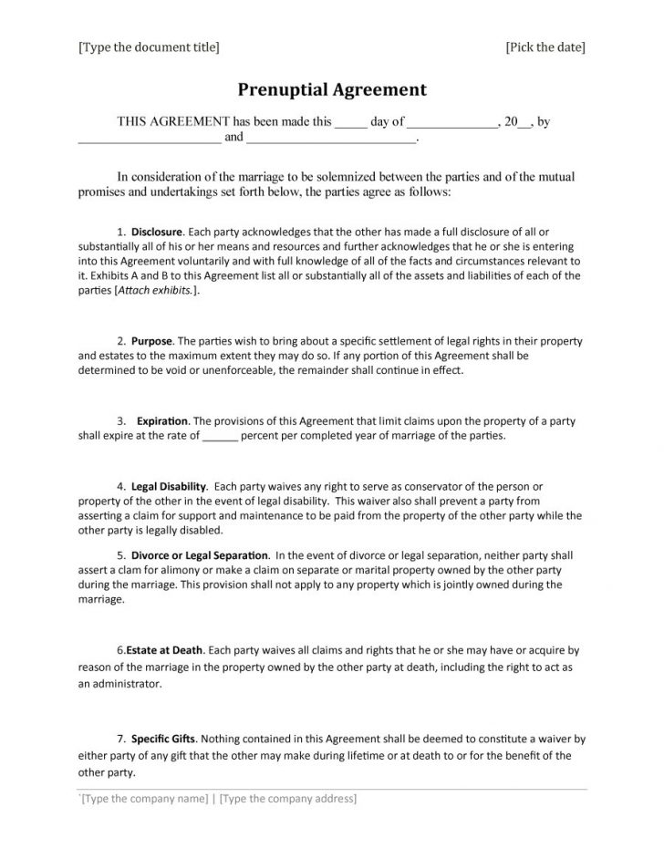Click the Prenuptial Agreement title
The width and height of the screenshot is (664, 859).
point(332,89)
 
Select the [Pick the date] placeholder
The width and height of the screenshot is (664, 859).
point(545,47)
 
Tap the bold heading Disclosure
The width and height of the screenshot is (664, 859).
point(158,233)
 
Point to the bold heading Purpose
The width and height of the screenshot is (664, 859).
point(151,340)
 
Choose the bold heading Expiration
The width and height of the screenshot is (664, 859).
point(162,421)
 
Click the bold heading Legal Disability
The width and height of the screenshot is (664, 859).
point(170,486)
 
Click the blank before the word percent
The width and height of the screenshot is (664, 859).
point(219,436)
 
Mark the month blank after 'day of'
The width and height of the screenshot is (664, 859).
point(451,122)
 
